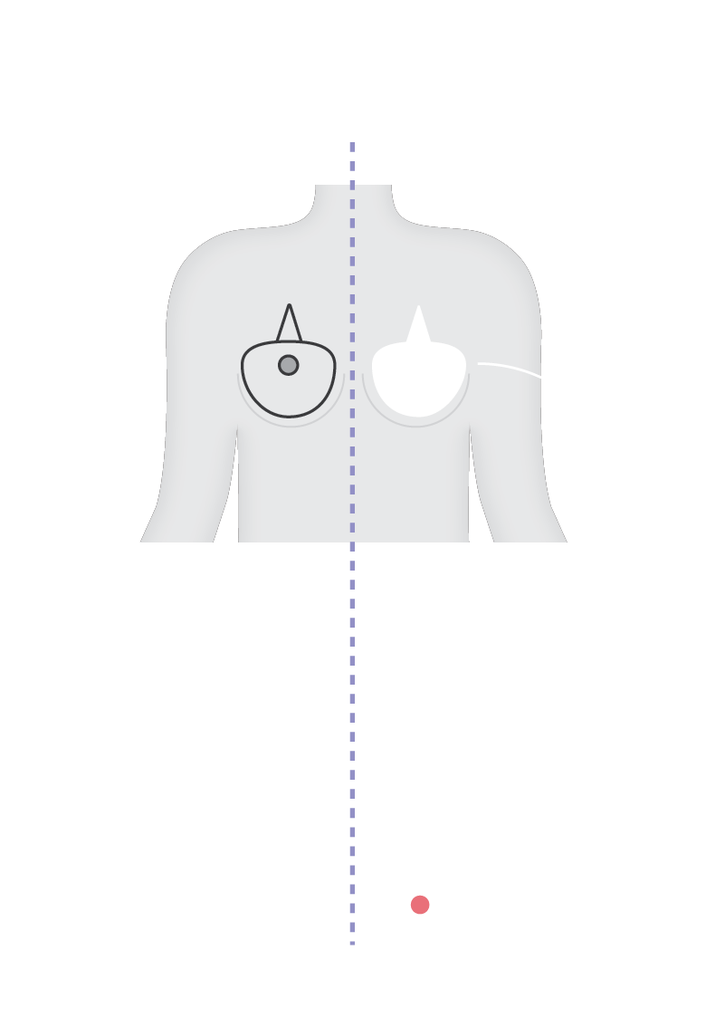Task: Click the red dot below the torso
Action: [x=420, y=905]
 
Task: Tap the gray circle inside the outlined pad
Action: [x=289, y=365]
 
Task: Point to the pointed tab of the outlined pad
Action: [x=289, y=322]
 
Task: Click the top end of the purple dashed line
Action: [x=352, y=144]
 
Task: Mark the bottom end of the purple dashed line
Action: [x=352, y=942]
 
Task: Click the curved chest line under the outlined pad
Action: [x=291, y=424]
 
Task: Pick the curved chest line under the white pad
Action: [x=415, y=424]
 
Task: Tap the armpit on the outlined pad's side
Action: [x=237, y=426]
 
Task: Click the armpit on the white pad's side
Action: [x=470, y=426]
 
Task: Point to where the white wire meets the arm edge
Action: [x=540, y=376]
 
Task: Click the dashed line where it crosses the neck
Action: [x=352, y=204]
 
